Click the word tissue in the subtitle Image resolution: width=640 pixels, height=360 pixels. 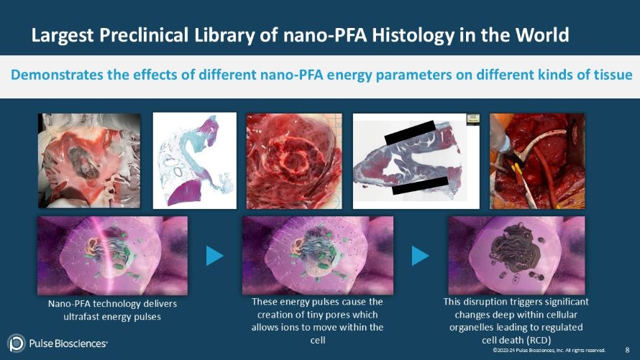613,75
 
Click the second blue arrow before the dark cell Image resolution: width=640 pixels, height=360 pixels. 420,255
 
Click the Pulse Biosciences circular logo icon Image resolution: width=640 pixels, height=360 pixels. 16,343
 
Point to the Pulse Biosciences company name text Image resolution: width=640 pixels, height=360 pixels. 69,343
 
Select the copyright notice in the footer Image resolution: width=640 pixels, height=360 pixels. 548,350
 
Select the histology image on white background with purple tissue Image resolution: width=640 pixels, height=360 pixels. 194,160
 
